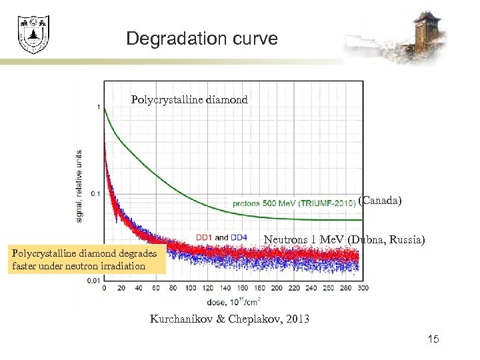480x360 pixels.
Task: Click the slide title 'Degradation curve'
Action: click(x=201, y=39)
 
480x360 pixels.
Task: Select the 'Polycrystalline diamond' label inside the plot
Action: click(x=189, y=100)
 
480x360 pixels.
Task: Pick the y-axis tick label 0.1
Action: click(x=97, y=194)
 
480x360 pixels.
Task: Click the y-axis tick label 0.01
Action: click(x=95, y=281)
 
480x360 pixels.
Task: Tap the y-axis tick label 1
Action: click(x=99, y=107)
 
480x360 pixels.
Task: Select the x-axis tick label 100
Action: click(x=190, y=288)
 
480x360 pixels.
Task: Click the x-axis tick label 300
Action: click(x=362, y=288)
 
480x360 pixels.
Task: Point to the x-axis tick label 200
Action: click(x=276, y=288)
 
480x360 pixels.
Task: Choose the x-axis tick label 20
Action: click(x=121, y=288)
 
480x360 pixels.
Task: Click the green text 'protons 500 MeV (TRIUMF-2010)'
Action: click(x=293, y=203)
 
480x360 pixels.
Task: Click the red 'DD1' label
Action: click(x=205, y=237)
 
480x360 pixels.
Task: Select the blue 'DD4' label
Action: click(x=239, y=237)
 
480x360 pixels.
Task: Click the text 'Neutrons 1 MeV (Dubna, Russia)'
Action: click(x=344, y=239)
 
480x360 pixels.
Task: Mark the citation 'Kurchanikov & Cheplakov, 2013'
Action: click(x=229, y=319)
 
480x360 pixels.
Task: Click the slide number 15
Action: click(x=433, y=341)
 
